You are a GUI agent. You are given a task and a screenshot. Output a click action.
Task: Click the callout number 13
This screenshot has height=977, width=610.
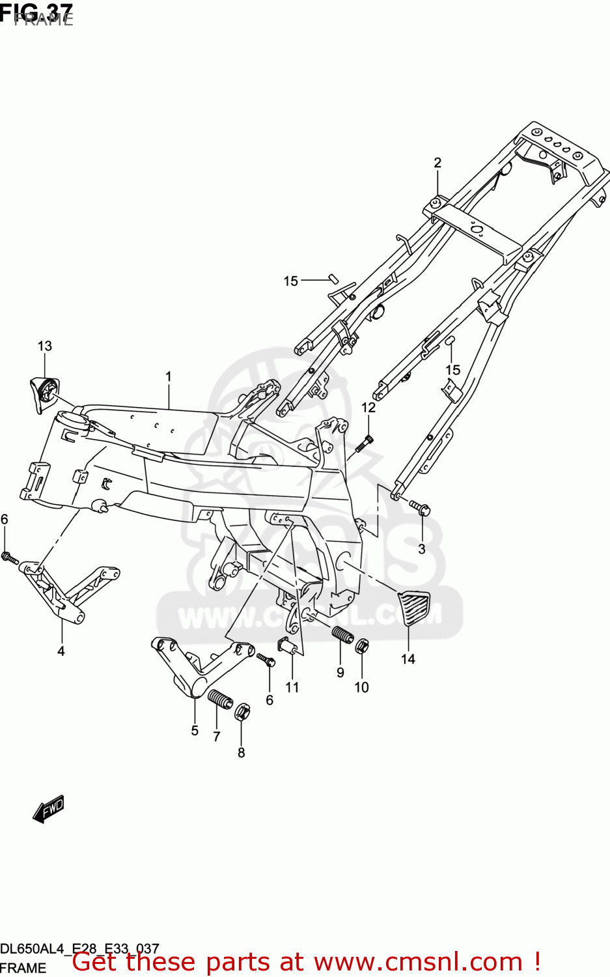coord(44,346)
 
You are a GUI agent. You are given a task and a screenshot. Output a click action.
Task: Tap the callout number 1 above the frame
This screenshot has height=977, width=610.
coord(169,376)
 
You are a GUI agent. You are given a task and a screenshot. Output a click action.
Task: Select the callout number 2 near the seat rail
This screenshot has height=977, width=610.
coord(437,163)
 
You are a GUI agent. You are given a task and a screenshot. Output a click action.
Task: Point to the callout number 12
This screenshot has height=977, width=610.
coord(368,408)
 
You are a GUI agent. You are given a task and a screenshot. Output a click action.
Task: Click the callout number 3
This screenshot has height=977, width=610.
coord(422,548)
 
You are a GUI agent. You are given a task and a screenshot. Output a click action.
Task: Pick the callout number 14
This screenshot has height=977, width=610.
coord(408,659)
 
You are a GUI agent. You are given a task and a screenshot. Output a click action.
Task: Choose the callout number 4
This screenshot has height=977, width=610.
coord(61,651)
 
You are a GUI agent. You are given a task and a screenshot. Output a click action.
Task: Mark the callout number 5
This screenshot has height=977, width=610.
coord(195,731)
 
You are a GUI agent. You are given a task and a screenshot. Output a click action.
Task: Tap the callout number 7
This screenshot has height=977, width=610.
coord(217,737)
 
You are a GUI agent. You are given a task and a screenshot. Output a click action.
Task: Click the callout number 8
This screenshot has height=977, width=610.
coord(242,753)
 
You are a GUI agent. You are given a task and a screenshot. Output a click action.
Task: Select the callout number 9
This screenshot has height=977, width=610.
coord(340,672)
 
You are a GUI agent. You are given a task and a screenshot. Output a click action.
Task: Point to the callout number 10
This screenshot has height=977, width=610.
coord(361,687)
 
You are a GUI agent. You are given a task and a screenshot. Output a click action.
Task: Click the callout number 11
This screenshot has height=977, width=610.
coord(292,687)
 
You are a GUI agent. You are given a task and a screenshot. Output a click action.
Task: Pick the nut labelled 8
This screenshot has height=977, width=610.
coord(241,711)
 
